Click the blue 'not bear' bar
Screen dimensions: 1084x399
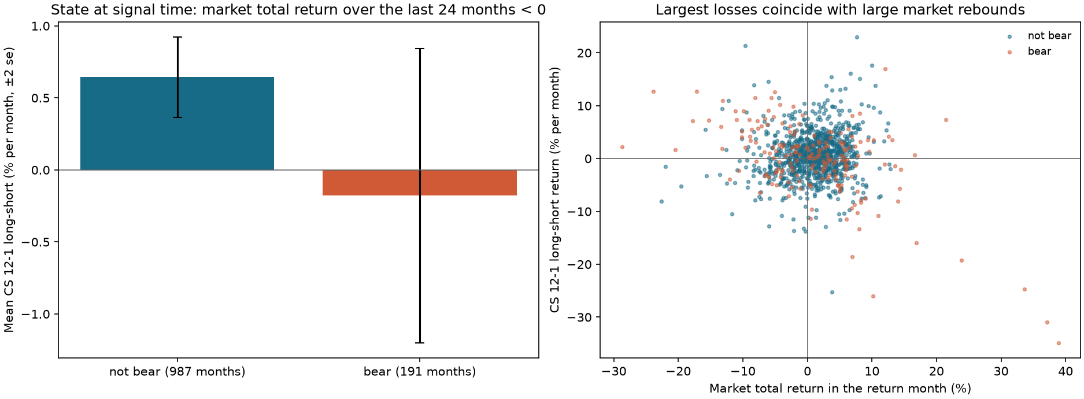(177, 123)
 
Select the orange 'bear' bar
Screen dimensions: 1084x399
(420, 183)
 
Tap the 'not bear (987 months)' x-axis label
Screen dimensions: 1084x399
(177, 372)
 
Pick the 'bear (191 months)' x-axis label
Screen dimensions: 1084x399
(420, 372)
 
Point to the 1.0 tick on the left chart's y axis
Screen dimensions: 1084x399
(42, 27)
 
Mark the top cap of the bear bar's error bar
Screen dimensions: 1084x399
(420, 49)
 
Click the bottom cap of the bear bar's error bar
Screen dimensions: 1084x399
(420, 343)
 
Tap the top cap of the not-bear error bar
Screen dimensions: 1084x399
(177, 37)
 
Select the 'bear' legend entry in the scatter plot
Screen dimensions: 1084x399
(1030, 51)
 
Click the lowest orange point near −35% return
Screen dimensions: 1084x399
(1059, 343)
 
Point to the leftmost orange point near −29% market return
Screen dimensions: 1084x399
(622, 147)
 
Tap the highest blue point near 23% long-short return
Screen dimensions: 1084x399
(857, 38)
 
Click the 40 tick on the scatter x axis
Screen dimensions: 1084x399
(1065, 371)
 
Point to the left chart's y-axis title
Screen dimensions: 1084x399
(9, 190)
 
